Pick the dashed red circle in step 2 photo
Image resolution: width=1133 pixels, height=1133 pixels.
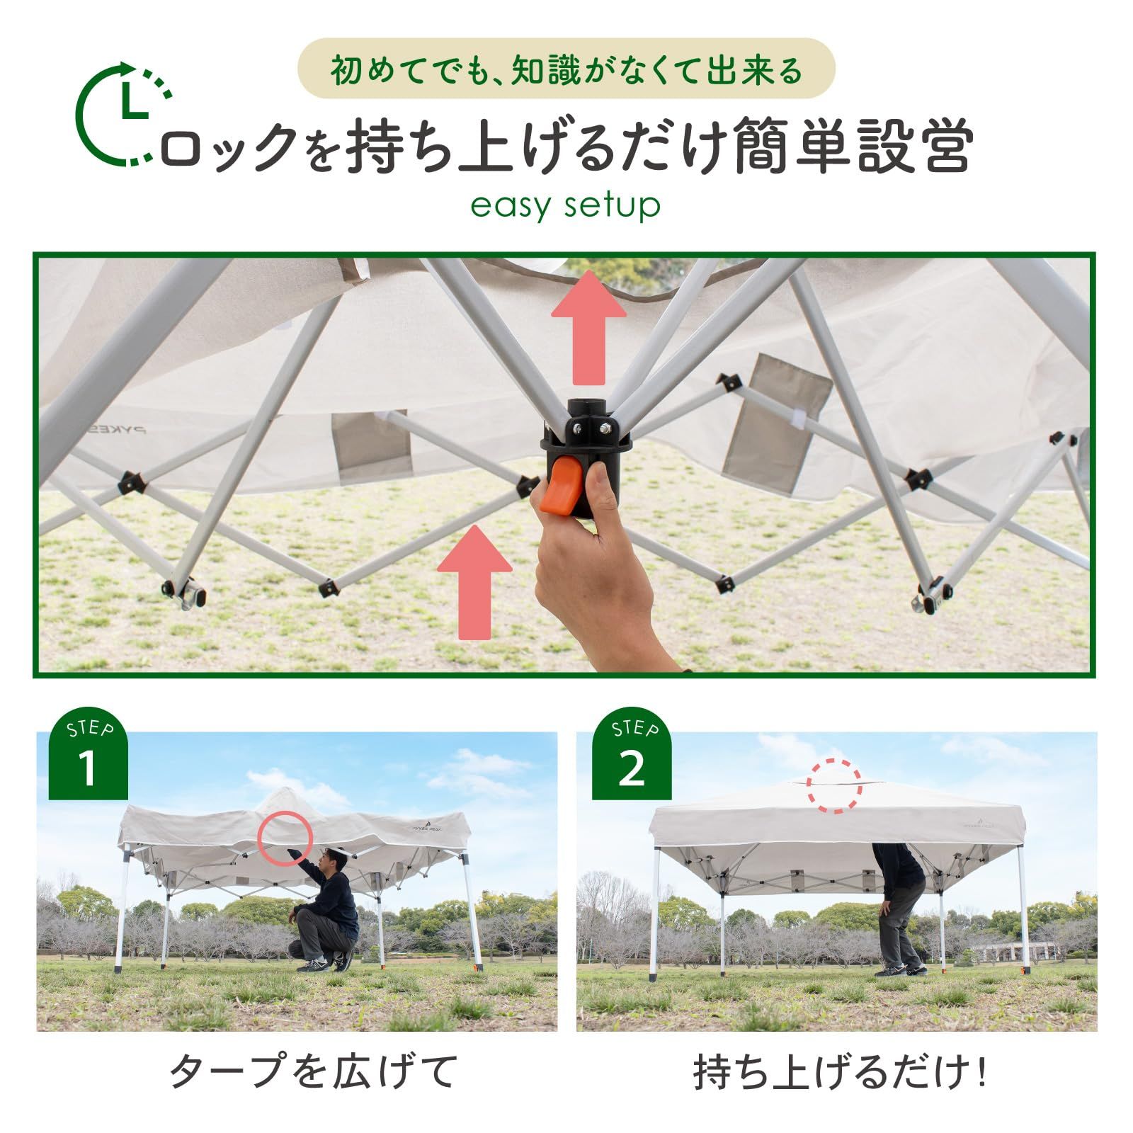836,785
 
